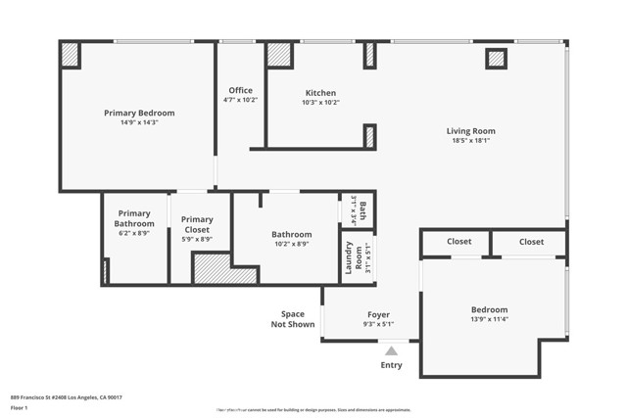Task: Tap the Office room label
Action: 240,90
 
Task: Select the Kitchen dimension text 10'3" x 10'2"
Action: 319,102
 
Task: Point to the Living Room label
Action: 470,130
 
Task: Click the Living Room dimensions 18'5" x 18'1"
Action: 470,141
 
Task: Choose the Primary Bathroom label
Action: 134,218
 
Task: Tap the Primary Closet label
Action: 197,224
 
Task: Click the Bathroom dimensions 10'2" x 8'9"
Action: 291,245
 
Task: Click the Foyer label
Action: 378,315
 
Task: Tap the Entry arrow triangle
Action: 391,350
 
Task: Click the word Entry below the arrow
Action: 391,365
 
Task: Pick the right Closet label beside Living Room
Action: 531,241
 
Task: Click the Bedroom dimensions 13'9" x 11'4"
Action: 490,318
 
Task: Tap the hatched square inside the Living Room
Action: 496,59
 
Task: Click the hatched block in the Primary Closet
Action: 211,269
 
